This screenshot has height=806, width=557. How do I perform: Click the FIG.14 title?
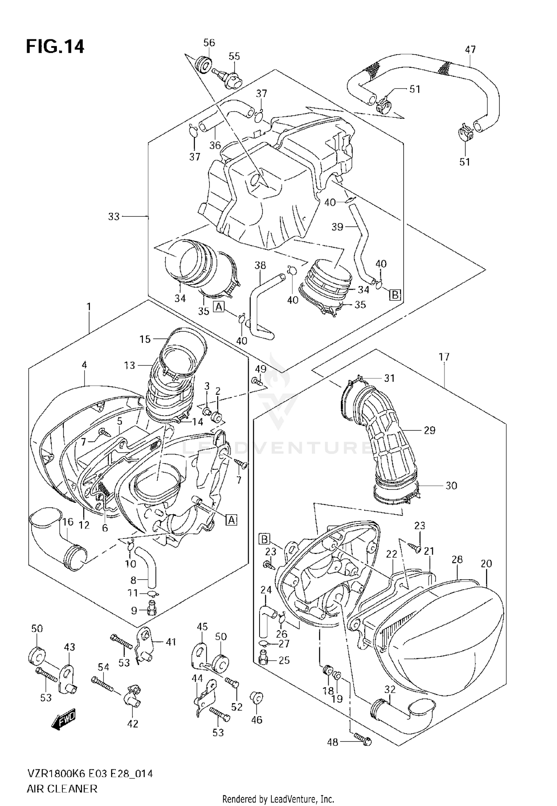55,47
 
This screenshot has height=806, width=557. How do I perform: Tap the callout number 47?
470,49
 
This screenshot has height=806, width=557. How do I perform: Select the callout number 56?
209,43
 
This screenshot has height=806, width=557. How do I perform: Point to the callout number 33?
114,216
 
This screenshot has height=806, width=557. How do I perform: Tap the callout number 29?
430,430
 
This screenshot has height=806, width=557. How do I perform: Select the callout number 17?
444,357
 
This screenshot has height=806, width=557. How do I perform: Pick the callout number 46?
257,720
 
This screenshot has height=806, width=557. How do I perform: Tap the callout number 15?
145,339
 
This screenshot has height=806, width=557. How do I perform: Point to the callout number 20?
486,564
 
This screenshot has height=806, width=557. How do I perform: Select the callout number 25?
284,660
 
